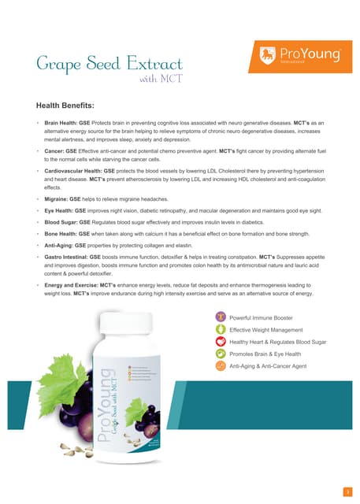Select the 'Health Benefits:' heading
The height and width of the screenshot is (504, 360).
(65, 105)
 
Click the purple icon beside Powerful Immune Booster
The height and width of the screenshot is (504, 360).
(220, 317)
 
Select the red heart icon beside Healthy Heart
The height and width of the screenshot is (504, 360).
(220, 342)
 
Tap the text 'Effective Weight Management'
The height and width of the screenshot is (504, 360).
(265, 330)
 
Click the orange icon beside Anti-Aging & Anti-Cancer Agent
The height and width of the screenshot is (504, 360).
(220, 366)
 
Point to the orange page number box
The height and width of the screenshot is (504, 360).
(346, 470)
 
